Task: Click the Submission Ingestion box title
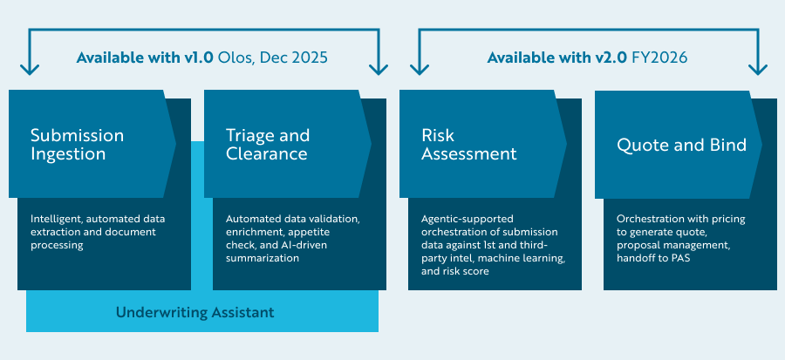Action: [77, 145]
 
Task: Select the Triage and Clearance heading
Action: [267, 145]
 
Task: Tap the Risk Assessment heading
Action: [468, 145]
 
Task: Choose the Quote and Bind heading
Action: [681, 145]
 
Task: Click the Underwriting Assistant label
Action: [195, 312]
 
